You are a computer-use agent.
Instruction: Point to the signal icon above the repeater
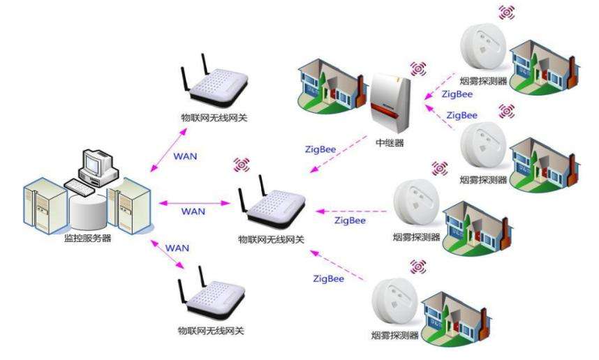pyautogui.click(x=418, y=68)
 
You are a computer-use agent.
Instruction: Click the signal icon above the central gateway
pyautogui.click(x=242, y=165)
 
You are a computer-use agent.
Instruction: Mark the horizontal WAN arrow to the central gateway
pyautogui.click(x=195, y=202)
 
